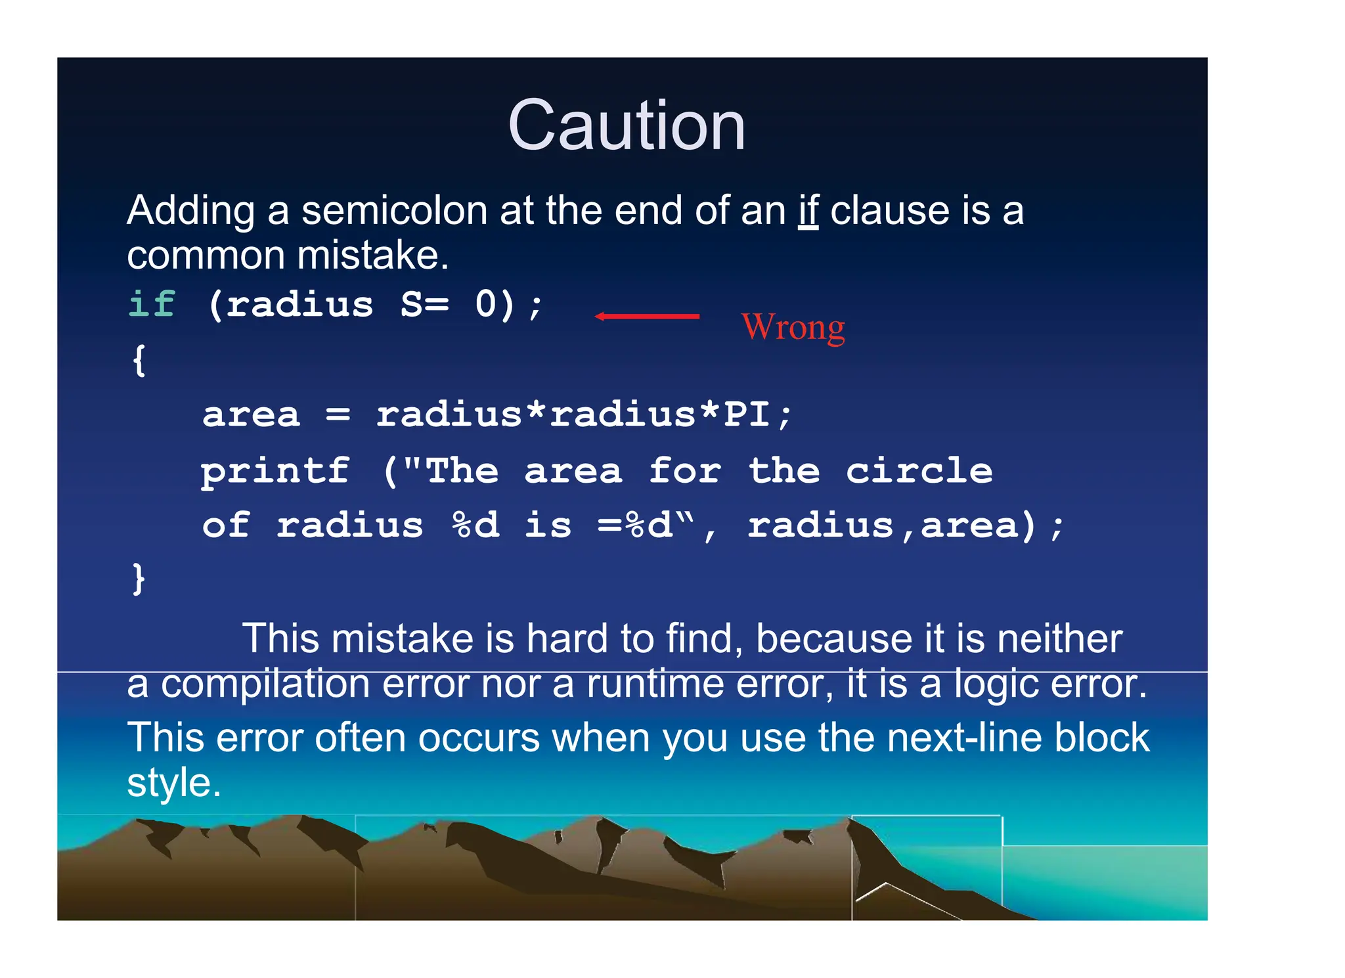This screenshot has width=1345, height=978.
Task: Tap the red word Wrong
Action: point(793,327)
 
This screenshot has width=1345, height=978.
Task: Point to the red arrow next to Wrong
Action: point(647,317)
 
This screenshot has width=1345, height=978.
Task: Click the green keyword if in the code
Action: point(152,304)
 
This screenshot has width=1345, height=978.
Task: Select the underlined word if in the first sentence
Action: point(808,211)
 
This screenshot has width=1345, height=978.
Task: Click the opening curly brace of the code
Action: point(139,360)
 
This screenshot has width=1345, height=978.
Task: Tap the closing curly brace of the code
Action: point(139,579)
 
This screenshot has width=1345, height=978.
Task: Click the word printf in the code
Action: point(275,472)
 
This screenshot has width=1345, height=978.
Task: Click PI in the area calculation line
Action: point(746,414)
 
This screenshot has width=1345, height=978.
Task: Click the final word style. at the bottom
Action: point(173,783)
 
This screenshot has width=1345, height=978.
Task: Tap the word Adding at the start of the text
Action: point(190,211)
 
